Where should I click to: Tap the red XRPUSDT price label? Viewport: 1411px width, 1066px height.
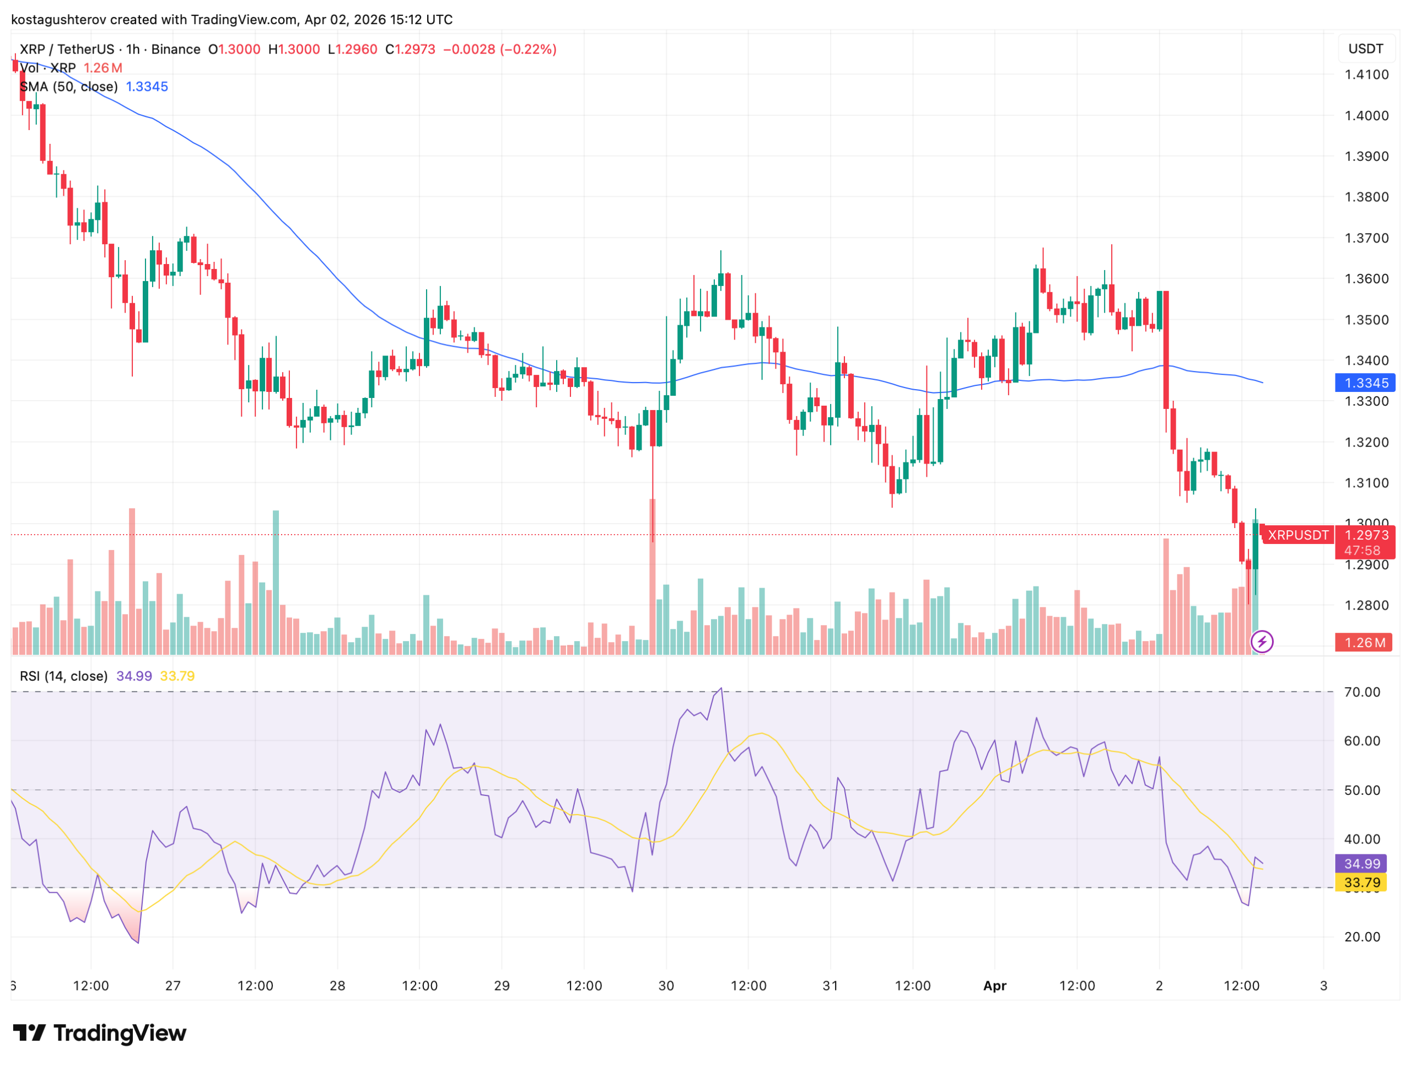(1297, 535)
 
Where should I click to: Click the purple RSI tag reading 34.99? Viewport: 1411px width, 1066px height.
(1361, 864)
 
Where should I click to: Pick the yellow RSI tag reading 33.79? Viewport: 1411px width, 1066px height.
(1361, 883)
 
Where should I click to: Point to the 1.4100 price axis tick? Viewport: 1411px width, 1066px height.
(1366, 74)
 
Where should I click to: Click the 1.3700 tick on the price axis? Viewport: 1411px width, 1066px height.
(1366, 238)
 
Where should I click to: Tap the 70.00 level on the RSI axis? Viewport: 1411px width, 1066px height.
(1362, 692)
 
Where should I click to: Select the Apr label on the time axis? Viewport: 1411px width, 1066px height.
(994, 986)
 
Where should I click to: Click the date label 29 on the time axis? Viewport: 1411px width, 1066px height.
(502, 986)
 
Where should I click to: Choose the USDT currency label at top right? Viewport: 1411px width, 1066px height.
(1365, 49)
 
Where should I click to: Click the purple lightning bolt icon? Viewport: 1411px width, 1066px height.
(1262, 641)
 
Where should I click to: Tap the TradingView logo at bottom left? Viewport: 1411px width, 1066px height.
(100, 1033)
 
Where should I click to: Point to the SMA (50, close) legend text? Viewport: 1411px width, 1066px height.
(69, 87)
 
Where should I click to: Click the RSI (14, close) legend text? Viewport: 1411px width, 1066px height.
(64, 676)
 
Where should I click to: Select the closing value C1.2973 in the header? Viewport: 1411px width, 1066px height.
(410, 50)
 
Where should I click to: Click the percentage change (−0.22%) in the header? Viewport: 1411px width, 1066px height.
(528, 50)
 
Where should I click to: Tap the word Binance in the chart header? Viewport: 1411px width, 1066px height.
(175, 50)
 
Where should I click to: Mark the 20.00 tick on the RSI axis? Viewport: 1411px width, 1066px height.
(1362, 936)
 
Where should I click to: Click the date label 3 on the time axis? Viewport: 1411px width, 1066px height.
(1323, 986)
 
